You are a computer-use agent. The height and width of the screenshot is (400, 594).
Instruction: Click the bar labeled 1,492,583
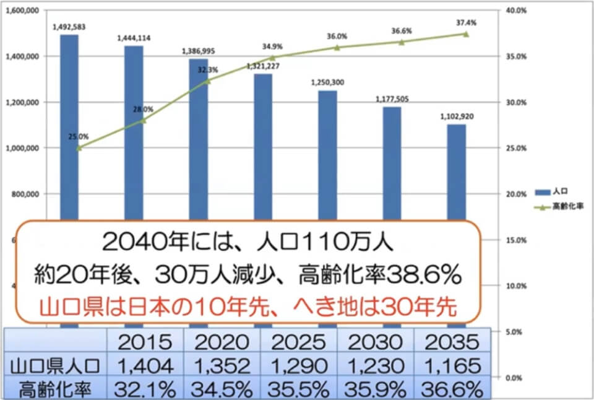coord(69,124)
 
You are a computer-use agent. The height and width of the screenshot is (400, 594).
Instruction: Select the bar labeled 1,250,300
coord(328,155)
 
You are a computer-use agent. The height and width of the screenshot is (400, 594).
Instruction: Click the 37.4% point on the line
coord(465,34)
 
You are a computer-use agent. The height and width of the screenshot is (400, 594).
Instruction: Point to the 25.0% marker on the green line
coord(79,147)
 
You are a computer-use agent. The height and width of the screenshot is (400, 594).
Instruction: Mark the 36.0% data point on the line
coord(337,47)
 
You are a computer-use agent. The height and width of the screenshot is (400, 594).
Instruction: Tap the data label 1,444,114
coord(134,38)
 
